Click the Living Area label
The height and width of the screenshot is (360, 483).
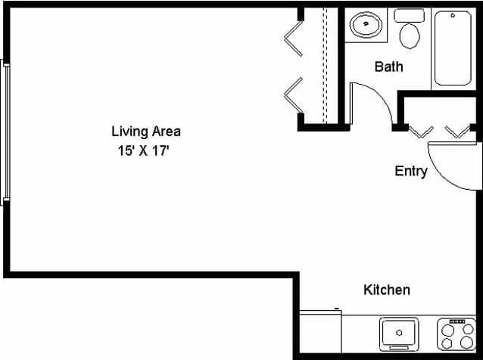point(146,132)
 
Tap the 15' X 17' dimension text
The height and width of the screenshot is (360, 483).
point(142,151)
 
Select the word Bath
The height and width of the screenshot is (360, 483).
point(388,67)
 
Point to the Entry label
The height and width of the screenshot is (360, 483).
point(411,171)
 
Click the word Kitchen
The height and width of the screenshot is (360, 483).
point(387,290)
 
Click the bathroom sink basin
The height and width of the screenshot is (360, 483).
point(366,25)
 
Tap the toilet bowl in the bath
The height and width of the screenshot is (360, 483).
point(410,35)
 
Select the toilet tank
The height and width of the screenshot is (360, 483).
point(410,15)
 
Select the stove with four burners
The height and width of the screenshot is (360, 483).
point(457,334)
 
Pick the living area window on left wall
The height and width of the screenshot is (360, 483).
point(5,132)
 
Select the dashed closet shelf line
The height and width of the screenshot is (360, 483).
point(325,64)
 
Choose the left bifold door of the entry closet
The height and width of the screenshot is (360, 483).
point(421,131)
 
